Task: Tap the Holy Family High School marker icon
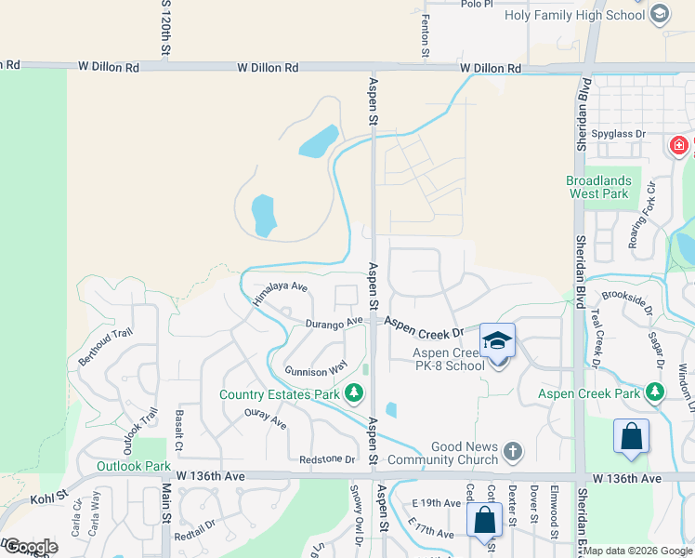pyautogui.click(x=660, y=14)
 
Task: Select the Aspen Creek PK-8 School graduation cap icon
pyautogui.click(x=497, y=341)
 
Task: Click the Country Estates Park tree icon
pyautogui.click(x=353, y=394)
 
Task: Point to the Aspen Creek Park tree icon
pyautogui.click(x=656, y=393)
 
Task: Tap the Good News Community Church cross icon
pyautogui.click(x=512, y=453)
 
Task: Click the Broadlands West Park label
pyautogui.click(x=599, y=188)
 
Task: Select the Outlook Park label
pyautogui.click(x=134, y=466)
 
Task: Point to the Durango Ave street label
pyautogui.click(x=334, y=323)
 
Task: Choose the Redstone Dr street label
pyautogui.click(x=327, y=459)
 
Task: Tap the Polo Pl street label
pyautogui.click(x=479, y=4)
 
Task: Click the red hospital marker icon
pyautogui.click(x=680, y=146)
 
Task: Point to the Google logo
pyautogui.click(x=31, y=547)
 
